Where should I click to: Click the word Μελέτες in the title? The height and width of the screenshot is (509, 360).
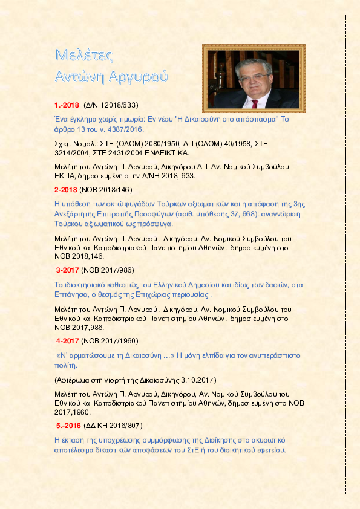84,54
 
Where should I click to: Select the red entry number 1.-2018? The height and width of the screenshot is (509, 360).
67,105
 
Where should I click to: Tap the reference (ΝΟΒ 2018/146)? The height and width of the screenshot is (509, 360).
105,190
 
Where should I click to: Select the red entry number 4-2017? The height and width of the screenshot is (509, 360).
67,340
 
